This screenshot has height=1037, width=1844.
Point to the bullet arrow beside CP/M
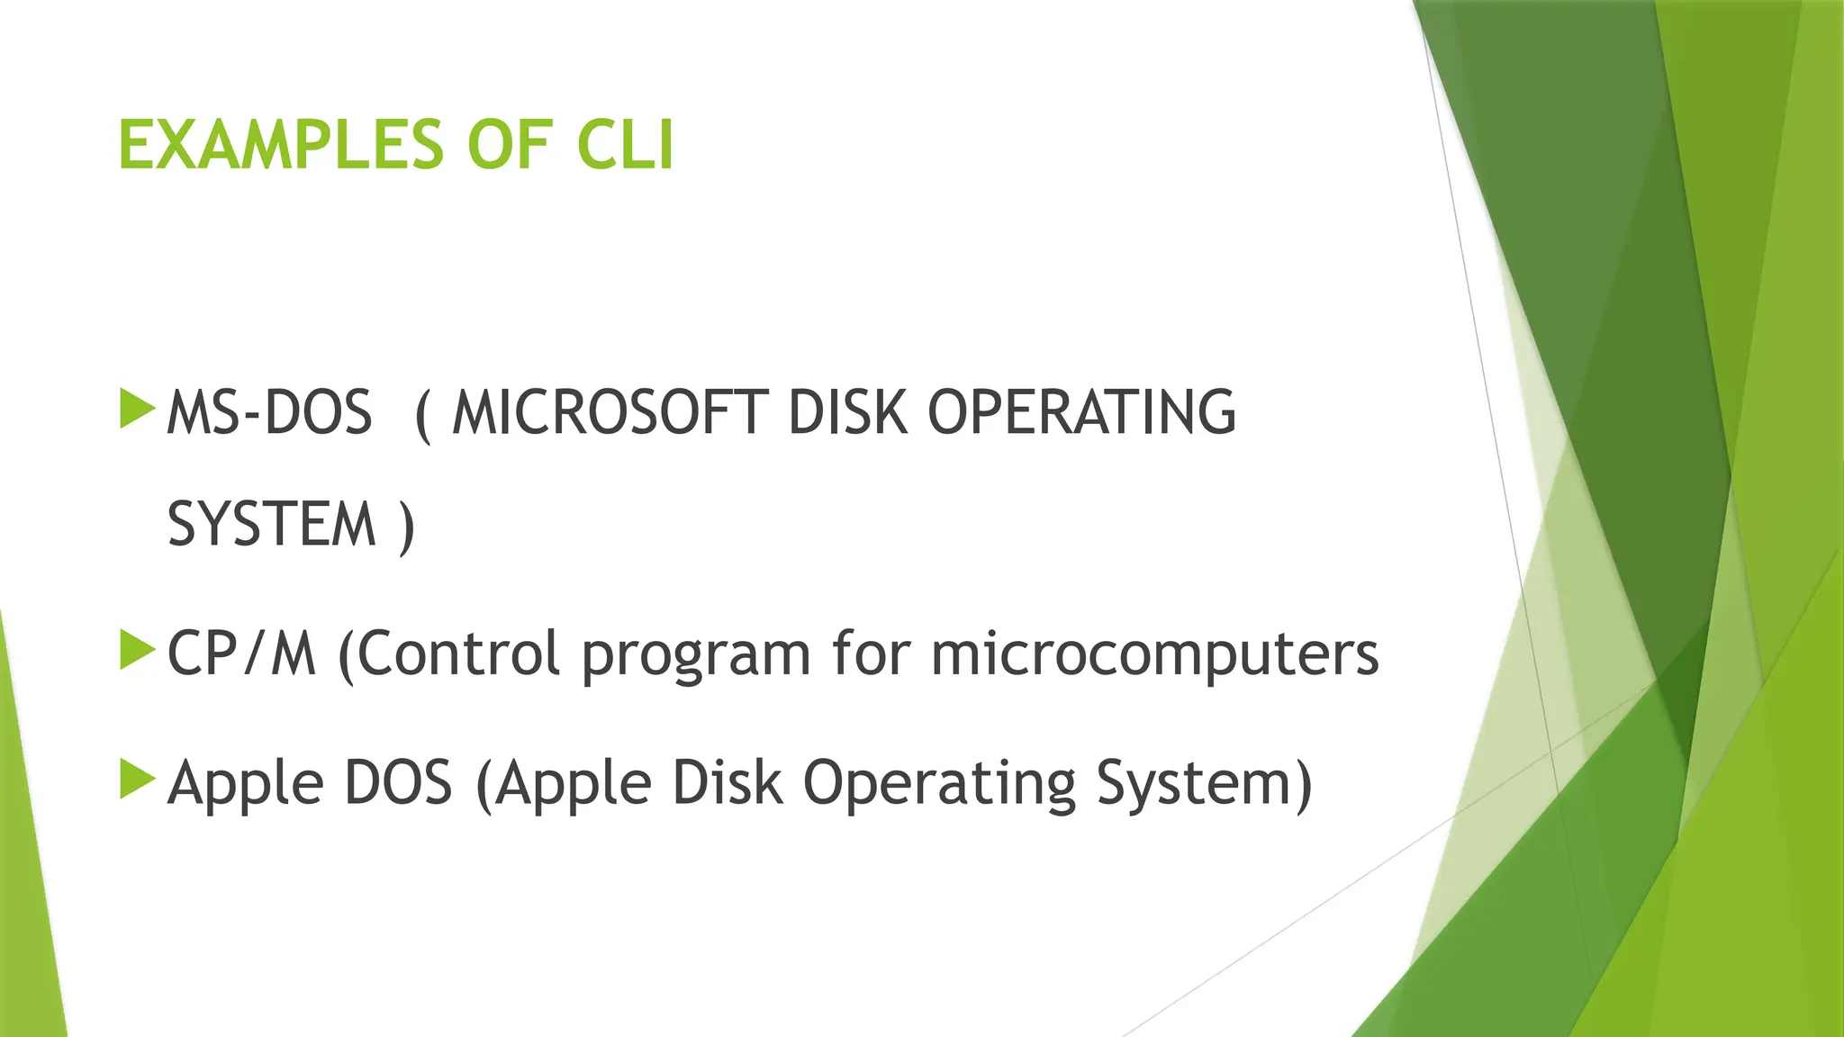coord(137,651)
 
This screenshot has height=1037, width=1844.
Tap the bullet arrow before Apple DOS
coord(137,780)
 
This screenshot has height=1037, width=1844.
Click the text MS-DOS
coord(269,414)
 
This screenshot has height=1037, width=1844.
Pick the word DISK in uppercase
coord(847,414)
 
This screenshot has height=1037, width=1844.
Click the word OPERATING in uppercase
coord(1081,414)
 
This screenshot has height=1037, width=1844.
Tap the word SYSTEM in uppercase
coord(271,525)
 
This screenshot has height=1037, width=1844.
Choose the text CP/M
coord(242,654)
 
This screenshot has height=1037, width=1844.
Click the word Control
coord(459,654)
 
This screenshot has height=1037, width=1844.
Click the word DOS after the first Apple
coord(398,783)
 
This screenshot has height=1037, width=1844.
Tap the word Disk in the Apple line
coord(728,783)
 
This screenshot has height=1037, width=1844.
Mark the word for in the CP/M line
coord(871,654)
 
